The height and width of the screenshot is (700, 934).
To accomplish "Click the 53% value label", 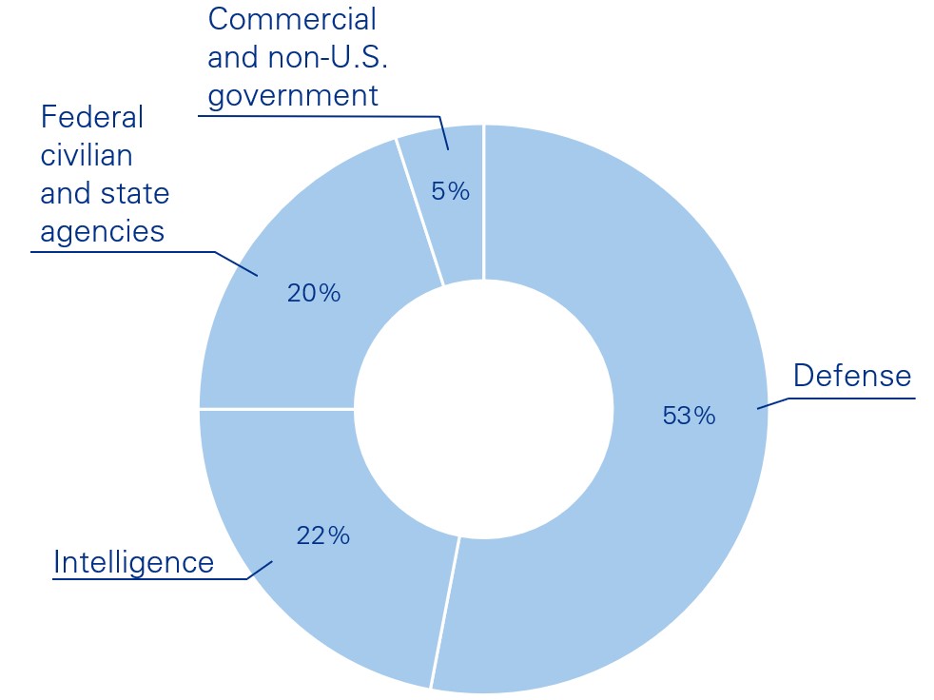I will (689, 416).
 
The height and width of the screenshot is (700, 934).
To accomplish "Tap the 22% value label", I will (322, 535).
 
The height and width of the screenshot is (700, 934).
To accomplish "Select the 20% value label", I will (313, 293).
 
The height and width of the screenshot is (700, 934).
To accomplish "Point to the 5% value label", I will (450, 191).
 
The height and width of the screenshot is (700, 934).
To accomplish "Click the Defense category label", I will (852, 376).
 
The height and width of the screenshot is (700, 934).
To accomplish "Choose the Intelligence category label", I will (134, 562).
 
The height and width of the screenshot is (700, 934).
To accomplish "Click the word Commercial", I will (292, 18).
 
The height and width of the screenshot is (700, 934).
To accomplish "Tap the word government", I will (292, 95).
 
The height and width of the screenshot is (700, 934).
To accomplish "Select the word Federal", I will (91, 117).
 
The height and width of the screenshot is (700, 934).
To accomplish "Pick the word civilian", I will (86, 155).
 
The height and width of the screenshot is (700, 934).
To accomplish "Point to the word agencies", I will (102, 231).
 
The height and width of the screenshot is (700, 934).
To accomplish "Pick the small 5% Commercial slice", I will (447, 228).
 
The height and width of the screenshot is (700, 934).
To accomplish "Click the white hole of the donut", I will (483, 409).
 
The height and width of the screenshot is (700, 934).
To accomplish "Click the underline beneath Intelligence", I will (143, 578).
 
